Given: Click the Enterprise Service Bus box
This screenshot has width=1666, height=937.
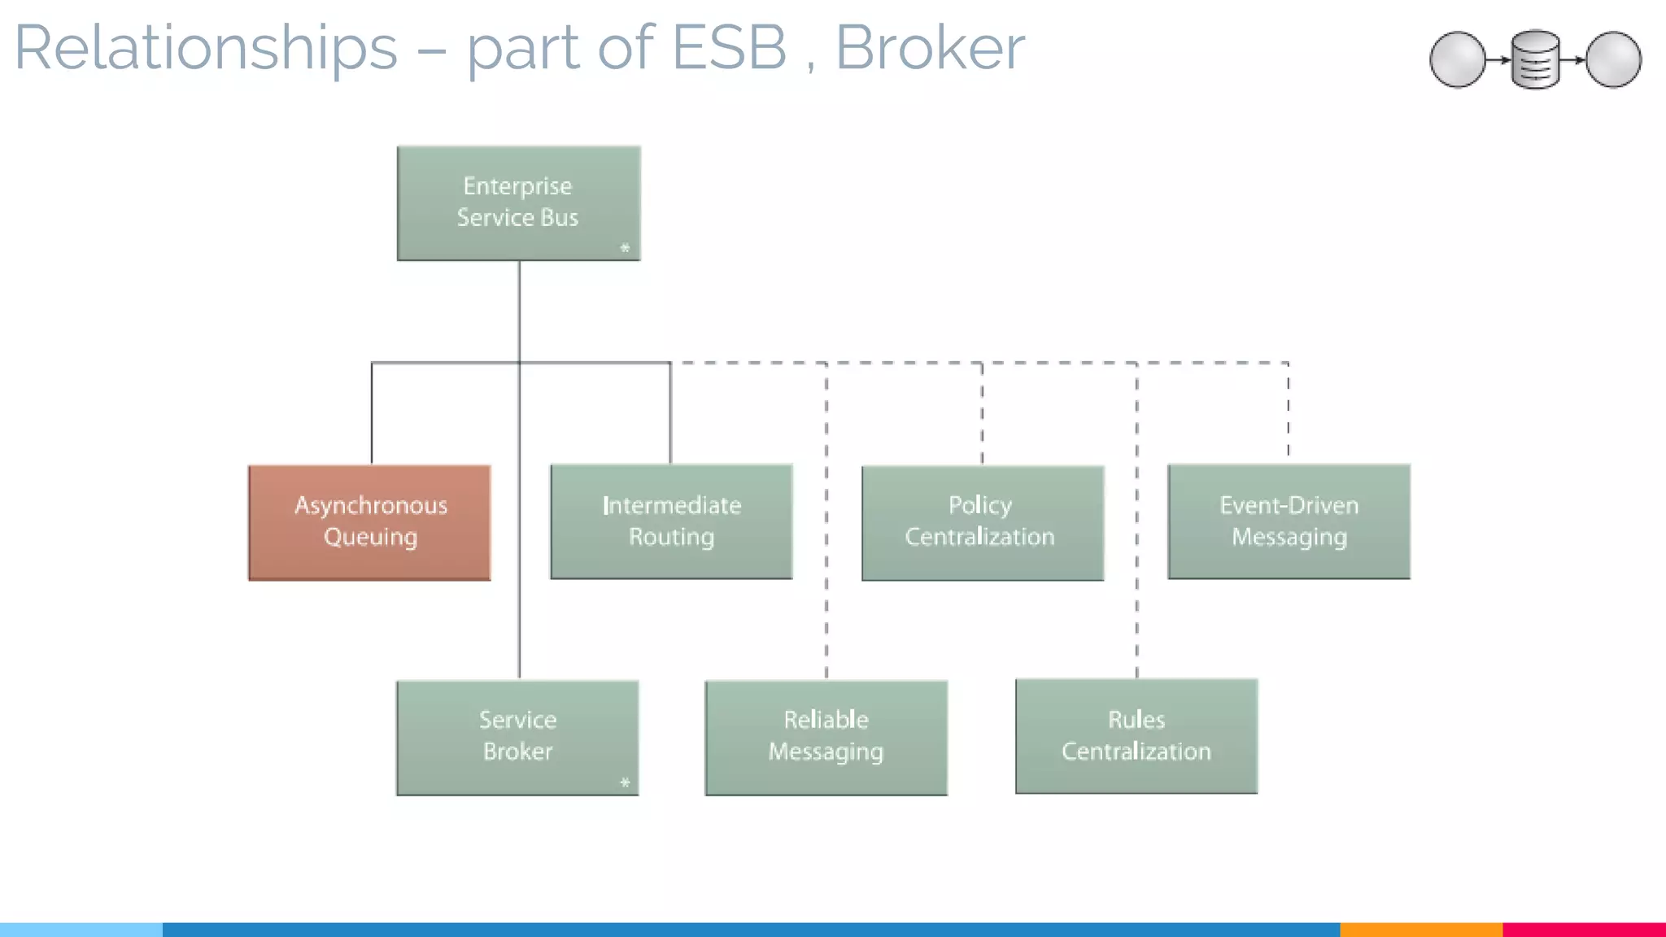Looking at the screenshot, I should click(518, 203).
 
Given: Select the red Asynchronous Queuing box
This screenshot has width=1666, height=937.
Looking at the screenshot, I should click(369, 522).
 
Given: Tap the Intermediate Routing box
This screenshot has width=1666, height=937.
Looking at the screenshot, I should click(671, 521).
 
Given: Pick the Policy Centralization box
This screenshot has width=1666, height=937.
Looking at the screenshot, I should click(982, 522).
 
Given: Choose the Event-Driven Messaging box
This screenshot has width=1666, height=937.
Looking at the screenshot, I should click(1289, 521).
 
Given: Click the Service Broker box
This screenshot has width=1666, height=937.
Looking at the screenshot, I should click(517, 737).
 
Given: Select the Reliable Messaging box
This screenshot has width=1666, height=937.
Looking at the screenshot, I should click(826, 737).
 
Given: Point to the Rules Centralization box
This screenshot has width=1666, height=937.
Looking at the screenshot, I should click(1136, 736).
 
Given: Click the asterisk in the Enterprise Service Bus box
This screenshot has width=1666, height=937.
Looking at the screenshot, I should click(625, 248).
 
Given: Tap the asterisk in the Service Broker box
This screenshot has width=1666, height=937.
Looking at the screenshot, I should click(625, 782).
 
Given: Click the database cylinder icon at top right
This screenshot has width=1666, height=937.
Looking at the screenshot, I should click(1535, 59).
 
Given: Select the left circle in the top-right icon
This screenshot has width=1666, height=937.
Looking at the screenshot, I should click(1457, 59).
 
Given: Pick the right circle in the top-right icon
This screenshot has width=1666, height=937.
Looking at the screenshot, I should click(1613, 59).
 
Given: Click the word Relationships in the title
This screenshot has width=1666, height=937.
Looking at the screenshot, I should click(206, 49).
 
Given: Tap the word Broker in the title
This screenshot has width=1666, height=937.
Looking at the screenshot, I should click(930, 49).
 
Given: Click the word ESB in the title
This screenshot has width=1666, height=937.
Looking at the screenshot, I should click(730, 49).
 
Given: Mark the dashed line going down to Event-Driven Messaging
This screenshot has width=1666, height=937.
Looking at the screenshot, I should click(1288, 411).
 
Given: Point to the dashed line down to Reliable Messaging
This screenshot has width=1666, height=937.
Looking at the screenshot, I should click(826, 569).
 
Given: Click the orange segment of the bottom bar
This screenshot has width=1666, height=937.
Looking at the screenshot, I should click(1420, 929).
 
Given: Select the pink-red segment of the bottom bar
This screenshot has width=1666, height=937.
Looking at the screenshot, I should click(1584, 929).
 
